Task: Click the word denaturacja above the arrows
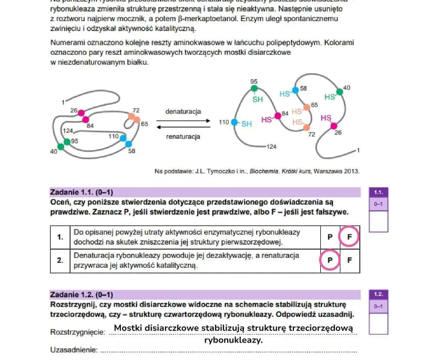pyautogui.click(x=183, y=111)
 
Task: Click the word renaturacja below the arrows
pyautogui.click(x=183, y=137)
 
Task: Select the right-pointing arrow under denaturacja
pyautogui.click(x=183, y=121)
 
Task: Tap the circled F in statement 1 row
pyautogui.click(x=349, y=237)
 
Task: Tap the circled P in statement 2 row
pyautogui.click(x=330, y=260)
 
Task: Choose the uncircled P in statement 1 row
pyautogui.click(x=330, y=237)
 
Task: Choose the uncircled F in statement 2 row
pyautogui.click(x=349, y=260)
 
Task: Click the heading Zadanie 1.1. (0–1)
pyautogui.click(x=82, y=192)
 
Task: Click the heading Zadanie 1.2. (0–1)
pyautogui.click(x=82, y=294)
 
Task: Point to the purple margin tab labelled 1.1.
pyautogui.click(x=378, y=192)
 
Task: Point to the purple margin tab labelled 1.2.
pyautogui.click(x=378, y=294)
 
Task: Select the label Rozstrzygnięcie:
pyautogui.click(x=78, y=332)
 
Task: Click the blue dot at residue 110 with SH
pyautogui.click(x=234, y=123)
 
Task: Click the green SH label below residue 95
pyautogui.click(x=258, y=99)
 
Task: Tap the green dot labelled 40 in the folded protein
pyautogui.click(x=60, y=147)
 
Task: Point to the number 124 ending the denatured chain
pyautogui.click(x=271, y=147)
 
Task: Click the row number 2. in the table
pyautogui.click(x=60, y=260)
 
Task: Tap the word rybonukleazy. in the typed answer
pyautogui.click(x=233, y=340)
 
